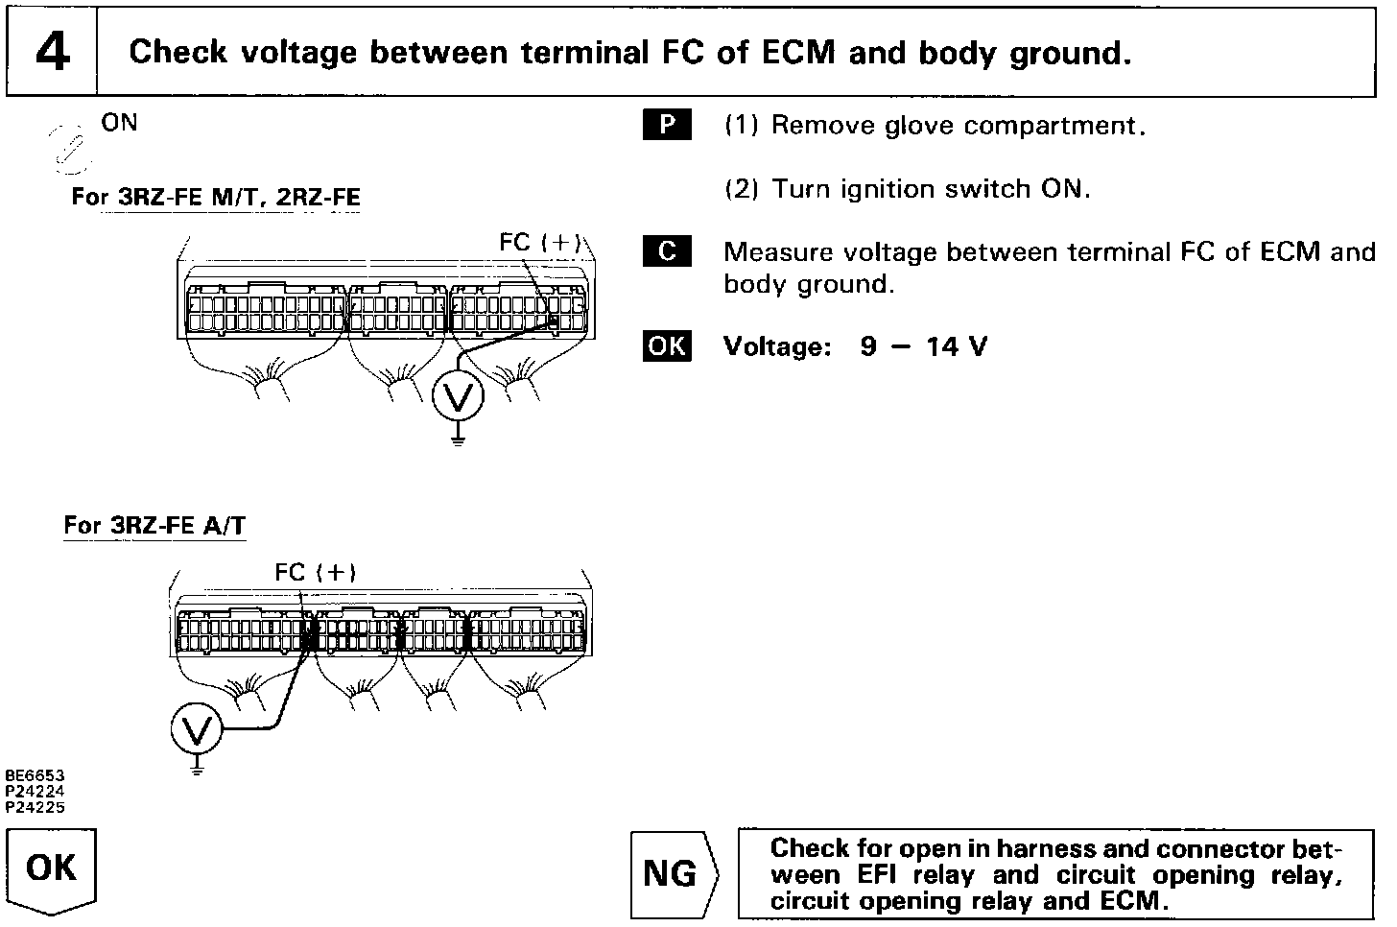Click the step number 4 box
52,52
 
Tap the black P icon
667,126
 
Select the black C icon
667,252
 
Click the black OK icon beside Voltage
667,345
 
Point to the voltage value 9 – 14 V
923,346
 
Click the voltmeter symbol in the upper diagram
458,395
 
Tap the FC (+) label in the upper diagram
539,243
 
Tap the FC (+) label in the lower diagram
316,573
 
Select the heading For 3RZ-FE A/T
154,526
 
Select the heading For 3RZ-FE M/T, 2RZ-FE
216,198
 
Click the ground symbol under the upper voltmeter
458,440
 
